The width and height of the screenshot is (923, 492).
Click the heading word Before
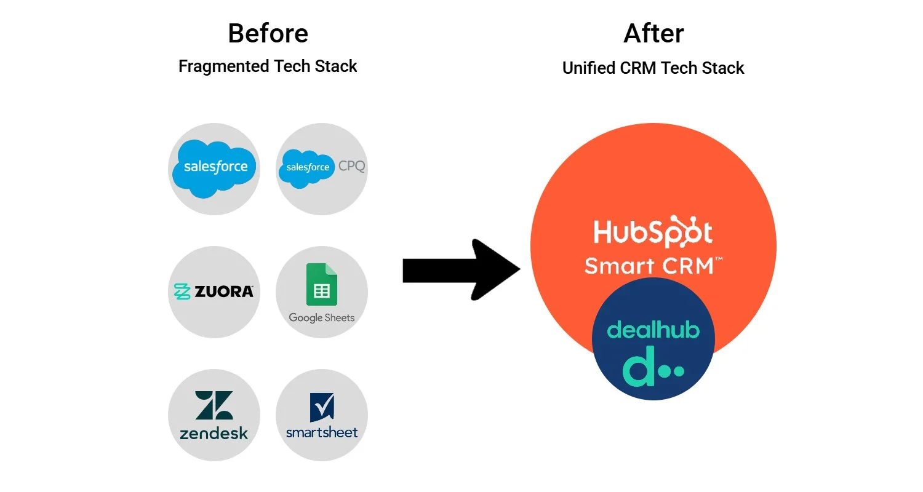coord(268,33)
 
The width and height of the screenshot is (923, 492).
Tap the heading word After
coord(653,33)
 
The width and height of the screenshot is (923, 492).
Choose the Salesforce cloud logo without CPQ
coord(214,167)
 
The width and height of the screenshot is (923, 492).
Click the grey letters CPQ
coord(351,166)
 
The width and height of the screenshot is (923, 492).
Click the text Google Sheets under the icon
coord(322,318)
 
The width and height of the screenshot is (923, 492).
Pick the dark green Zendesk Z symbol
coord(214,405)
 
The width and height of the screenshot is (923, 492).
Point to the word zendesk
coord(214,433)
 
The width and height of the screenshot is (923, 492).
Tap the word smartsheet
coord(322,432)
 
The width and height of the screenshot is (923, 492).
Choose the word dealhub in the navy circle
coord(653,330)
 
